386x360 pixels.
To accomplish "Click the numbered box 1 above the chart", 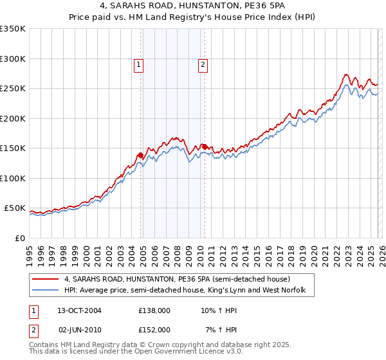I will (139, 64).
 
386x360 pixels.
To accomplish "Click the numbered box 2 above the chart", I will (203, 64).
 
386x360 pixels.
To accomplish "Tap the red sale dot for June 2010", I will (204, 147).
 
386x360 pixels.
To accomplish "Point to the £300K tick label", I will (13, 59).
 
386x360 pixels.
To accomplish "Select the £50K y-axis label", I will (15, 208).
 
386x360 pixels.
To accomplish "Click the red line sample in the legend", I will (45, 279).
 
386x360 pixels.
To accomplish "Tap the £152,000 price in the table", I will (154, 329).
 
